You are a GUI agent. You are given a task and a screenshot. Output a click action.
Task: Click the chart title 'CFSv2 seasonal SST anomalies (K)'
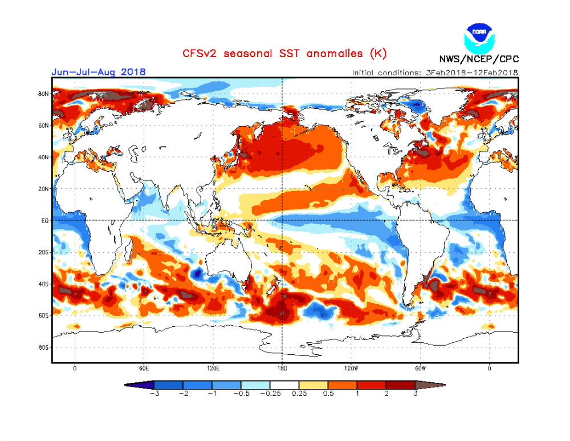(x=284, y=54)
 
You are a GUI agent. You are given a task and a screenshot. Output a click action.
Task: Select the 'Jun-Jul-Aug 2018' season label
(x=98, y=72)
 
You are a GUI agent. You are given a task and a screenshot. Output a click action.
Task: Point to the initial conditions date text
(x=435, y=72)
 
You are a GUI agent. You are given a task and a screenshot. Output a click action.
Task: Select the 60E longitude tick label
(x=144, y=369)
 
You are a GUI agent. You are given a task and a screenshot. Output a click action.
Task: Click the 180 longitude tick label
(x=282, y=369)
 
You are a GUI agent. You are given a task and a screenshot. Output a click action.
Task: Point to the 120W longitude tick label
(x=351, y=369)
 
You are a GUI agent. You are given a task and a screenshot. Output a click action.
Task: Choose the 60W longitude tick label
(x=420, y=369)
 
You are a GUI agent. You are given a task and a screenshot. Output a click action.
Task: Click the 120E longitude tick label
(x=213, y=369)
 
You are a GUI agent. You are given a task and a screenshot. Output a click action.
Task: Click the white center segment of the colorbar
(x=284, y=385)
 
